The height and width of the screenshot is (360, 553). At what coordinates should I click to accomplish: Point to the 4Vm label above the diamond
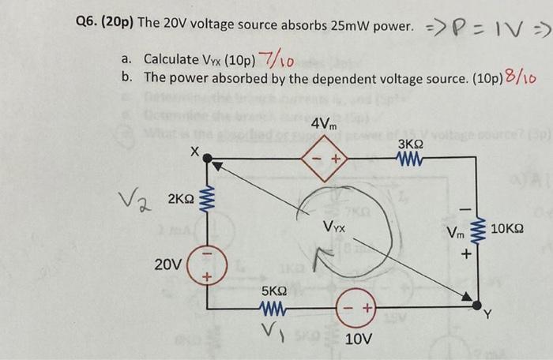(324, 125)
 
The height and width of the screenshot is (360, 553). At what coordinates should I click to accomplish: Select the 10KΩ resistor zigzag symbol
(477, 230)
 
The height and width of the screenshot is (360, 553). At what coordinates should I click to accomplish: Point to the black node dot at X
(208, 159)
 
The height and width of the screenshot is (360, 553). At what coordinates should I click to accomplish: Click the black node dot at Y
(477, 303)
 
